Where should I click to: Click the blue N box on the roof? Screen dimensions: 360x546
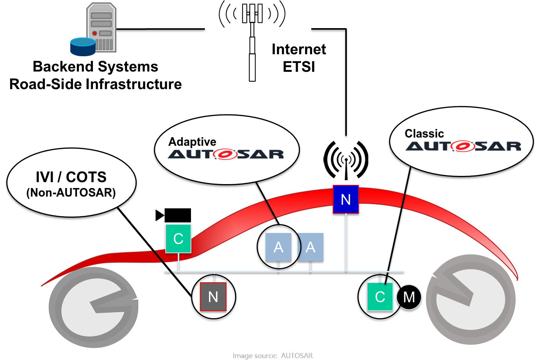coord(346,200)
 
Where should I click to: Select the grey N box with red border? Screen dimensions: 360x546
coord(213,297)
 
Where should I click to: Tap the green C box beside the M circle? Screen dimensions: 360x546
coord(380,297)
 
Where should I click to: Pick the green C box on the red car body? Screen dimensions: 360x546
coord(178,238)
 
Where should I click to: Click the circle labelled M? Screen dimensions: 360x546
coord(409,297)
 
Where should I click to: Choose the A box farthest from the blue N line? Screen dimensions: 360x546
coord(278,247)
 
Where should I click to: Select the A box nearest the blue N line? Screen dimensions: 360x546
coord(310,247)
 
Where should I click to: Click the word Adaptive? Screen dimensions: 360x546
coord(192,141)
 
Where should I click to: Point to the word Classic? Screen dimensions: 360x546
coord(424,134)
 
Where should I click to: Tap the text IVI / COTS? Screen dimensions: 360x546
coord(71,177)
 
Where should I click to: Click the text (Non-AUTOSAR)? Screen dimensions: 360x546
coord(71,193)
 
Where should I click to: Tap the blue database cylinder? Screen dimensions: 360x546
coord(83,47)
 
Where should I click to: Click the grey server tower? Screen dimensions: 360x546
coord(101,27)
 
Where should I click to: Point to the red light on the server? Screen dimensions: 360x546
coord(95,34)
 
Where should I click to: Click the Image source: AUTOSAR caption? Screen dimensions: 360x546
coord(273,355)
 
